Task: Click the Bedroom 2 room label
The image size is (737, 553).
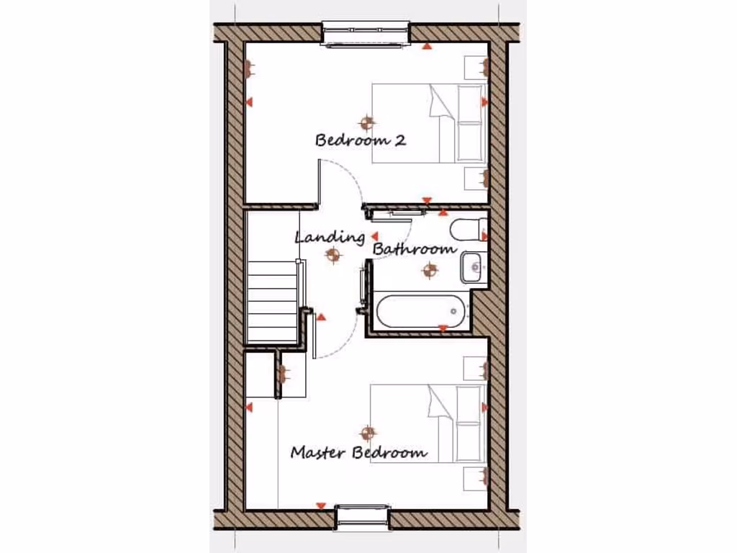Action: click(x=360, y=140)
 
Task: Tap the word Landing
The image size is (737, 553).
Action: click(x=330, y=237)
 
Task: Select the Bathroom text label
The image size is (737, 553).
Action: click(x=415, y=249)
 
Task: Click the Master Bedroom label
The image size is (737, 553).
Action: click(x=358, y=453)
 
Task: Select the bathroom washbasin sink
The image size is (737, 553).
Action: click(x=474, y=266)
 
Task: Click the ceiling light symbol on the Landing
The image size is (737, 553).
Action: click(x=333, y=253)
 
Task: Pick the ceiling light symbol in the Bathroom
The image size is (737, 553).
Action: click(x=430, y=270)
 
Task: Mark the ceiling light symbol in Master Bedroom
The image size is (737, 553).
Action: click(x=368, y=432)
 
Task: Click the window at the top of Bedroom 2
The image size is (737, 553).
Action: click(x=365, y=35)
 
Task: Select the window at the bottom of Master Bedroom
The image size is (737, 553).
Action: click(x=362, y=515)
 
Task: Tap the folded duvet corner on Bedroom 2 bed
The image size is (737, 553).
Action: click(x=440, y=101)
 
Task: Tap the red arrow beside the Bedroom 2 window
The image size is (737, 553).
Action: click(x=427, y=47)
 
